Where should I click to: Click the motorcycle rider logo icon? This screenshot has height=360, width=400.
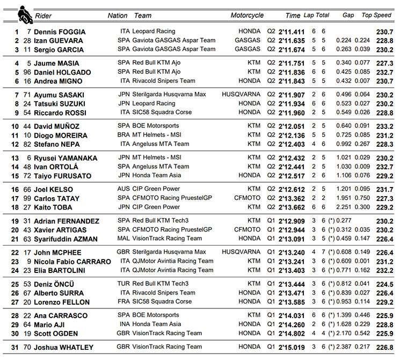(23, 12)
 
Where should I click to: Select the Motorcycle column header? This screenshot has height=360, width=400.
(247, 16)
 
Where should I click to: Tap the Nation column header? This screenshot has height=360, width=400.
(118, 16)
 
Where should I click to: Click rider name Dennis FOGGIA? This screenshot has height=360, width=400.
(60, 32)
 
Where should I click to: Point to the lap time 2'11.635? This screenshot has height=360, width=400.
(292, 41)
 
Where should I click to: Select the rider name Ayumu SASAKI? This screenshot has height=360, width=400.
(60, 95)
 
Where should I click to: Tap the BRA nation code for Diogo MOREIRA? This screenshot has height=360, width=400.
(123, 135)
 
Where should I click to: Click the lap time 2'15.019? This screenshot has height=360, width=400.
(292, 347)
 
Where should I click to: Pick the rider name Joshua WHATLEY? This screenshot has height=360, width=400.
(63, 347)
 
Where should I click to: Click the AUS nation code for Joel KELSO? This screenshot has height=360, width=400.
(123, 189)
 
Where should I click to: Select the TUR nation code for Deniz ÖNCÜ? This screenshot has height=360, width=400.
(123, 284)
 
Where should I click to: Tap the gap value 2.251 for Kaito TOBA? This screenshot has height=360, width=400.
(344, 207)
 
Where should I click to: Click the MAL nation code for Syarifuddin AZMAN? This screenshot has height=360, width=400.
(123, 239)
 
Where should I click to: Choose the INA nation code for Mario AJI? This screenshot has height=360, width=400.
(123, 324)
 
